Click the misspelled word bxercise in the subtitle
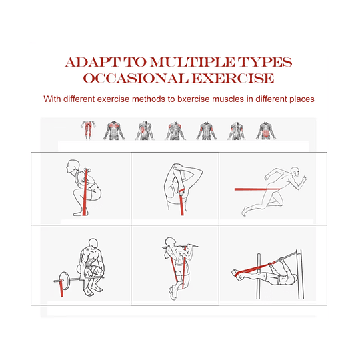coord(199,99)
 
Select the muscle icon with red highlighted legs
coord(87,129)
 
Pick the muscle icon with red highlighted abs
coord(265,129)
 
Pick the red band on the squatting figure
coord(83,193)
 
